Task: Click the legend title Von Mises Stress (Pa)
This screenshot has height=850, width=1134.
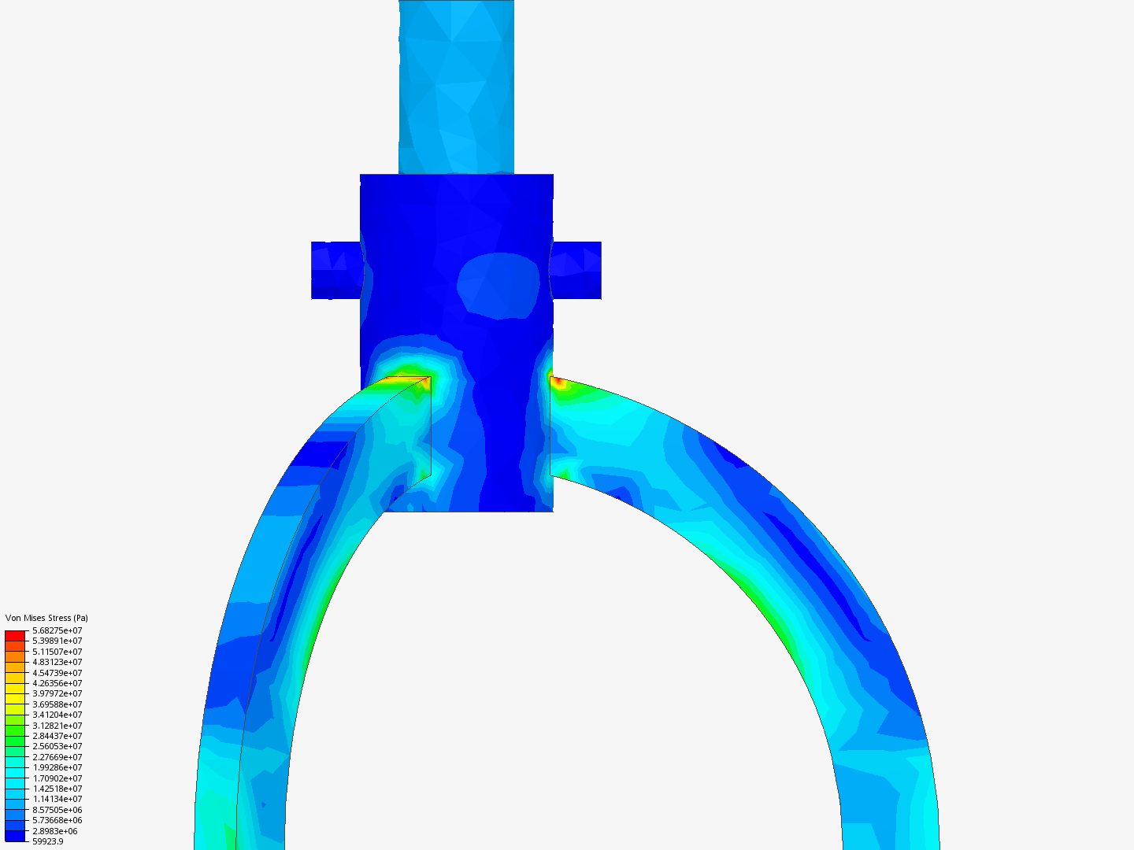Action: (46, 618)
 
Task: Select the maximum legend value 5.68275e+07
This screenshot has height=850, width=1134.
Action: (57, 630)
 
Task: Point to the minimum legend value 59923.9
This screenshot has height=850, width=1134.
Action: (47, 841)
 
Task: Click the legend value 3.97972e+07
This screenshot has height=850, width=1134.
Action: (57, 693)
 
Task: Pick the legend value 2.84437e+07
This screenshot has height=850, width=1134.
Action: (57, 736)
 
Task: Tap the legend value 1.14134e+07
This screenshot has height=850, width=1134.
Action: (57, 799)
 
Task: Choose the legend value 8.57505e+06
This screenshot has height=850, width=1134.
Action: (57, 810)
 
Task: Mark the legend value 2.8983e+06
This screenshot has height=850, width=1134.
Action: (54, 831)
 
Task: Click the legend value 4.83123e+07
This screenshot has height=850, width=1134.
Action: (57, 662)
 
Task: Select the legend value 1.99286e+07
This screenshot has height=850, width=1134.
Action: (57, 767)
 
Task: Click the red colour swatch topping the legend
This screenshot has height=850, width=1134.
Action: (15, 635)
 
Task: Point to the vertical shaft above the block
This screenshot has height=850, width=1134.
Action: (456, 87)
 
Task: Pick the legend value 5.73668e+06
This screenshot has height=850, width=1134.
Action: (57, 820)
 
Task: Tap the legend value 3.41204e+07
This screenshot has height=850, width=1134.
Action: (57, 715)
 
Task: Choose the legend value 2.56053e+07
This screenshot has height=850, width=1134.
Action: (57, 746)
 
